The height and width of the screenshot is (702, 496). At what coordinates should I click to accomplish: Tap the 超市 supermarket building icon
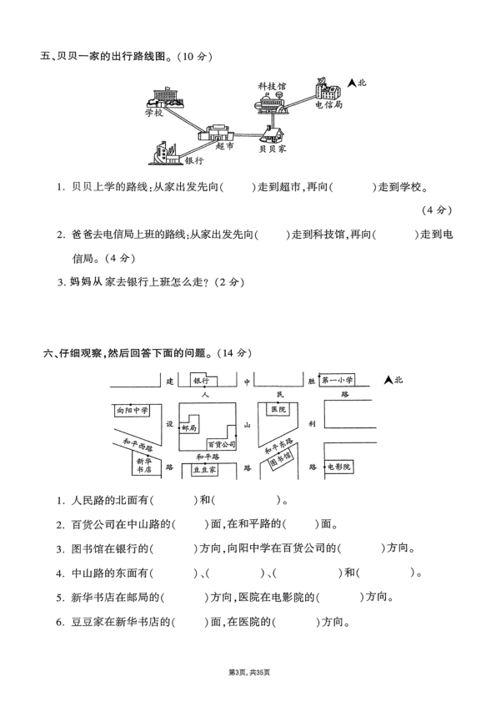point(219,133)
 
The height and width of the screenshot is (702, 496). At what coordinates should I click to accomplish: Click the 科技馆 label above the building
point(272,86)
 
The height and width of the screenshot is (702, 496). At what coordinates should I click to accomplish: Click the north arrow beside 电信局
point(353,83)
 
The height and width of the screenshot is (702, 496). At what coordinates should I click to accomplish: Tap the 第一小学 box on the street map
point(337,380)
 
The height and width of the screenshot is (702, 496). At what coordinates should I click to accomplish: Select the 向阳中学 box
point(132,411)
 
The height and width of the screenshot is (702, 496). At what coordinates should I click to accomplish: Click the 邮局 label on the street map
point(189,427)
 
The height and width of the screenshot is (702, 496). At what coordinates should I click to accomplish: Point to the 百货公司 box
point(222,445)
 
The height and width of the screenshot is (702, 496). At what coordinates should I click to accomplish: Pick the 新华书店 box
point(145,465)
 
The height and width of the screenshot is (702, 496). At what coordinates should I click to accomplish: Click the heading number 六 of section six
point(47,354)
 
